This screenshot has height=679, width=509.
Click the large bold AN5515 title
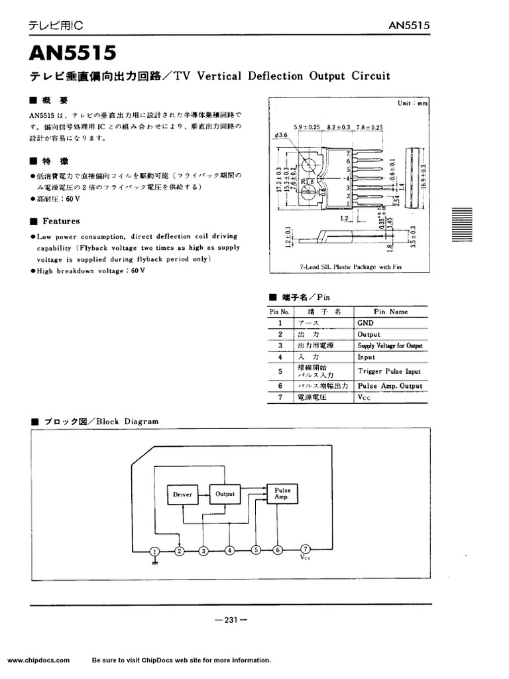73,52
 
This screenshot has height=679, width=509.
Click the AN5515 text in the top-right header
410,26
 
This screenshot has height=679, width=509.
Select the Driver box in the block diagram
182,494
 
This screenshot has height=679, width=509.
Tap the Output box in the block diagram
225,493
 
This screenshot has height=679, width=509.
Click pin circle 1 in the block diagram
154,550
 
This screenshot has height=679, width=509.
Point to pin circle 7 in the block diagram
305,549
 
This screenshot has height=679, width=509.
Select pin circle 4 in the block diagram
229,550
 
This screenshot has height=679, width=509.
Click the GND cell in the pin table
365,323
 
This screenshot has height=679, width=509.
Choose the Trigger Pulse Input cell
389,371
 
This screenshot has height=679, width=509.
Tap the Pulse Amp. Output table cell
390,386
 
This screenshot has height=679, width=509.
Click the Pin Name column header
390,311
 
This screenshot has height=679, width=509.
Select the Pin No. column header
280,311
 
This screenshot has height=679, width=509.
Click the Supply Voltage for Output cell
390,346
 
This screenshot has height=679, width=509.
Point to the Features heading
61,221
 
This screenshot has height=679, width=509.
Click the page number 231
231,620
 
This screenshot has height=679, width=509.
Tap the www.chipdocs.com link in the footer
38,660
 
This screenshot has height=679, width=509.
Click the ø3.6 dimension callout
280,135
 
